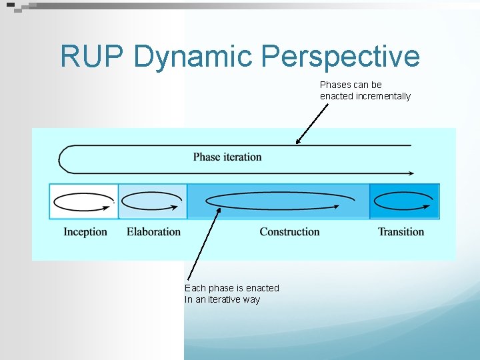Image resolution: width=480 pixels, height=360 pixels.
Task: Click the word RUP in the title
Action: [91, 56]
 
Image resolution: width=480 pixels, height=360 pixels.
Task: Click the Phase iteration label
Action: [227, 157]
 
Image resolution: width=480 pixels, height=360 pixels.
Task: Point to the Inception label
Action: [85, 232]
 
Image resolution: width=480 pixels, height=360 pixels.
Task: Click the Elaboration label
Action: [153, 232]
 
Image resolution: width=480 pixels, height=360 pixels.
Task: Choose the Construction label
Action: [289, 232]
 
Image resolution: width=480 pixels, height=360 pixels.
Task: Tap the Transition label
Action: [401, 232]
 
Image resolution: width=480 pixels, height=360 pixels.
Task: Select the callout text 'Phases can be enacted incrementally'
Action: [365, 91]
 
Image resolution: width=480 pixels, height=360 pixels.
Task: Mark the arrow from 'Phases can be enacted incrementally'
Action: [312, 123]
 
